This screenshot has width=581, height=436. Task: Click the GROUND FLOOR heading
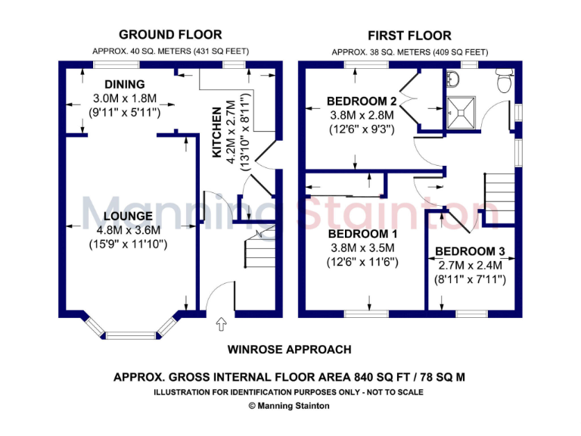[x=170, y=34]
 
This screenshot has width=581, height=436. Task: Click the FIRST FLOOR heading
[x=409, y=36]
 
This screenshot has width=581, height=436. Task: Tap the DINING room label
[x=125, y=84]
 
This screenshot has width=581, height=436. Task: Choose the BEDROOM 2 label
[x=362, y=101]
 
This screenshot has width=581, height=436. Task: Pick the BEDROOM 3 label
[x=470, y=251]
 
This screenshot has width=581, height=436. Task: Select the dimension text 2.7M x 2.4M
[x=471, y=266]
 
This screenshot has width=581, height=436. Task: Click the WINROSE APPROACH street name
[x=290, y=350]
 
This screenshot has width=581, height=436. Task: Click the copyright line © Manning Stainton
[x=290, y=406]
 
